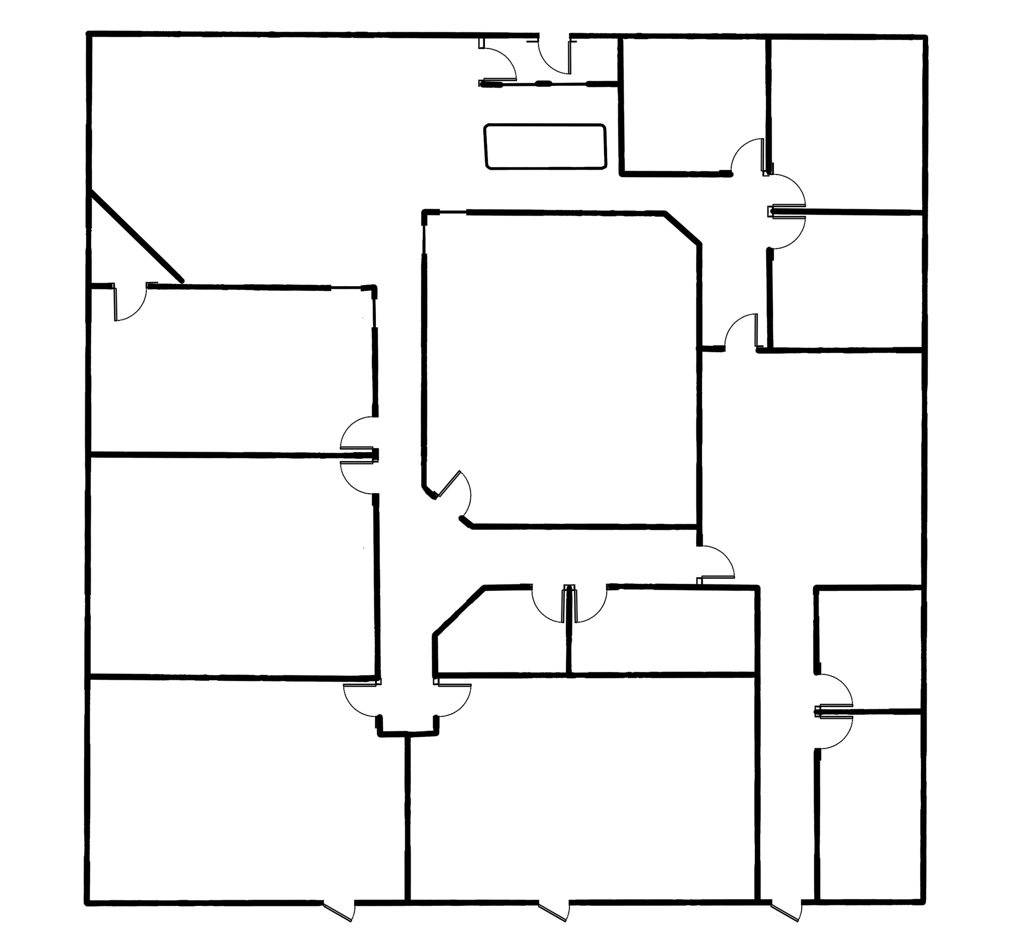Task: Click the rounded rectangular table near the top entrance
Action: (545, 147)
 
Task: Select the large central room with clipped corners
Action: (561, 369)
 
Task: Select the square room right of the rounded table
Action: (693, 105)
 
